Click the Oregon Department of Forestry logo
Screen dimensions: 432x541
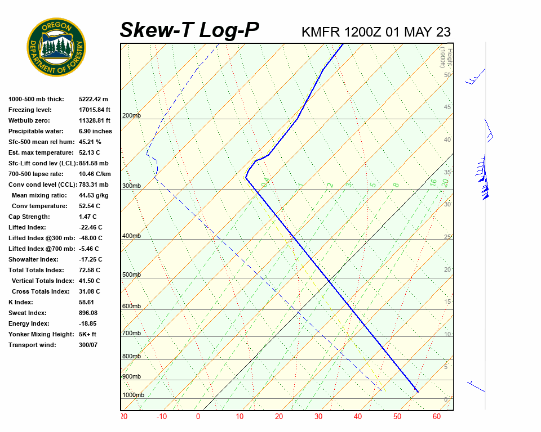pos(56,47)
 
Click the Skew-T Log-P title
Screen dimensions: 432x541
pos(189,30)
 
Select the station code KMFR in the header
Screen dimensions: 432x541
pos(321,32)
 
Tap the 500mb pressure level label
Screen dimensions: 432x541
pos(131,274)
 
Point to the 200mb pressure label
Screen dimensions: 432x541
pos(131,116)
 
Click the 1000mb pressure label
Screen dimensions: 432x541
pos(133,395)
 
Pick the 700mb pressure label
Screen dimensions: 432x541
pos(131,333)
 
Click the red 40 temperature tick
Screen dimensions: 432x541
pos(357,417)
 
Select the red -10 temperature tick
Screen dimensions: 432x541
pos(162,417)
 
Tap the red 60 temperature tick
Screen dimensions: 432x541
pos(437,417)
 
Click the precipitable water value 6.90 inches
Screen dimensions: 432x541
pos(95,131)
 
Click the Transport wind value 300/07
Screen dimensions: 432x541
pos(88,345)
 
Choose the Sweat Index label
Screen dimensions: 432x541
pos(28,313)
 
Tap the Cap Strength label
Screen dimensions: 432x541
pos(29,217)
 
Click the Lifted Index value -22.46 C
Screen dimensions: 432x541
pos(91,227)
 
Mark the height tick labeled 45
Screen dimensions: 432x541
pos(447,107)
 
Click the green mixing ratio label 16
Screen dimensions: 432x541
pos(433,183)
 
